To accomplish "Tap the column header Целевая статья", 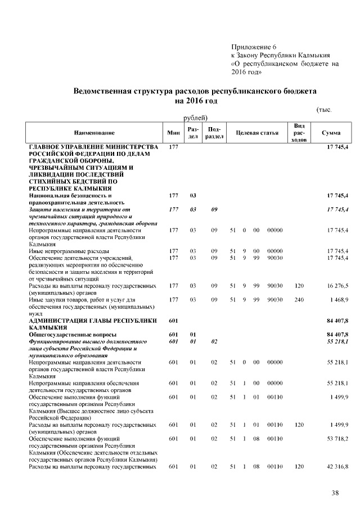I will [x=257, y=133].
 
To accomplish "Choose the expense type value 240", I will [x=299, y=300].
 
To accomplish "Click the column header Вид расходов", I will [x=299, y=132].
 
